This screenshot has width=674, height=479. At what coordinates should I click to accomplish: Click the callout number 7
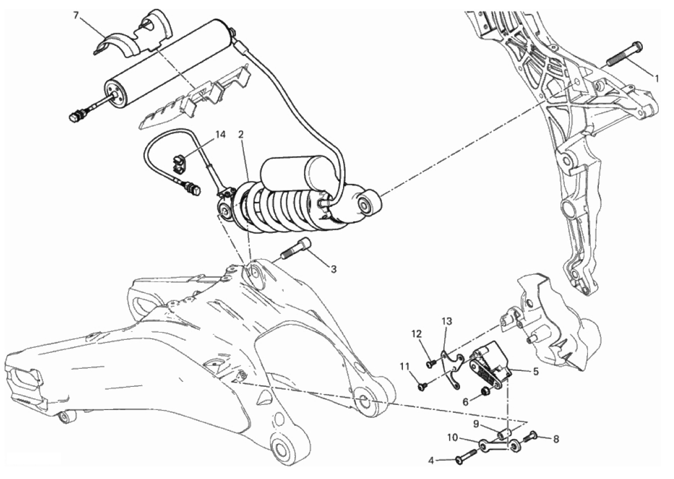pos(76,16)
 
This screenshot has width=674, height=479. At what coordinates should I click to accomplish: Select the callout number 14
pos(220,135)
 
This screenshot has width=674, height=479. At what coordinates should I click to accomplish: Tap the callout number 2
pos(241,135)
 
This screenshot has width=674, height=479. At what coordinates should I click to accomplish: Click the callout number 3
pos(333,269)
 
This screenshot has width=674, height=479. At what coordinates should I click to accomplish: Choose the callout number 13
pos(447,321)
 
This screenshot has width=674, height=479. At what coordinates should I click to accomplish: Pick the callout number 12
pos(417,333)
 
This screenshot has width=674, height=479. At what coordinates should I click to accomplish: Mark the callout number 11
pos(404,366)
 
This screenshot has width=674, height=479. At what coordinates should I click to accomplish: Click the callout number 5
pos(535,371)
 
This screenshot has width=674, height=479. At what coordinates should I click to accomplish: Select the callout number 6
pos(465,402)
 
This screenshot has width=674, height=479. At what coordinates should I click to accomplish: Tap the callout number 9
pos(476,425)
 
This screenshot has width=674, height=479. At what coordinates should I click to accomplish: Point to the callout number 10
pos(452,438)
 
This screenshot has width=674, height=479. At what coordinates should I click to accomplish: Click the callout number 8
pos(556,439)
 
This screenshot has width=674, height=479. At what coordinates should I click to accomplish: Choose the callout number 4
pos(431,461)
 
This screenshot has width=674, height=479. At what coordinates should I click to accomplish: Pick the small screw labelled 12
pos(430,364)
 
